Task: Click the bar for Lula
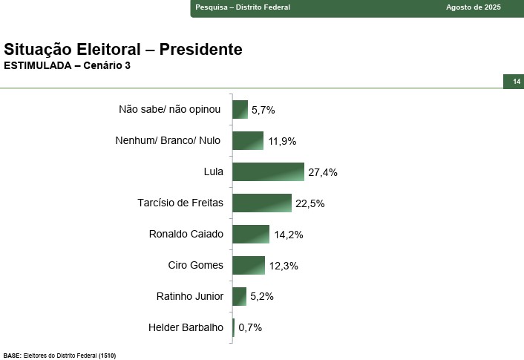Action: [x=268, y=171]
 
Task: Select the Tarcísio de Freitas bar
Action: [x=262, y=203]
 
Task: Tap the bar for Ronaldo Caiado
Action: [x=251, y=234]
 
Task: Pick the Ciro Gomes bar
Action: [x=249, y=265]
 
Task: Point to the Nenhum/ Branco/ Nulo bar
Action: [x=248, y=140]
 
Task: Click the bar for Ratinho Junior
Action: [x=239, y=296]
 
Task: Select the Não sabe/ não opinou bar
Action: [x=240, y=109]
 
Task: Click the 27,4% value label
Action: [x=323, y=172]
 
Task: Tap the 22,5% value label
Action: [x=310, y=203]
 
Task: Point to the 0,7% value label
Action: [x=250, y=327]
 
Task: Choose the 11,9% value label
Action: [x=282, y=141]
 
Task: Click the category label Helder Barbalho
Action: [x=186, y=327]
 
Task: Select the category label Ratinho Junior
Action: [x=190, y=296]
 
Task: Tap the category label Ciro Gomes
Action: [x=196, y=265]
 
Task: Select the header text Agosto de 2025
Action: [x=474, y=7]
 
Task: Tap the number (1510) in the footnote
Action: [x=108, y=355]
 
